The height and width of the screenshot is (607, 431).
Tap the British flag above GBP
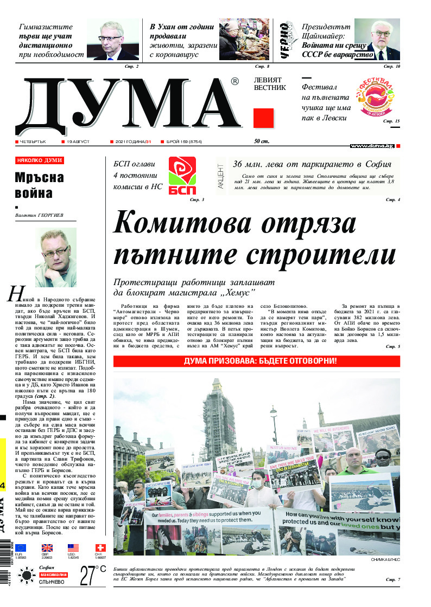47,548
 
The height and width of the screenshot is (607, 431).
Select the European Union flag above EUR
21,548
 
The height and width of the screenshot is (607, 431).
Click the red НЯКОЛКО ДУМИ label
40,160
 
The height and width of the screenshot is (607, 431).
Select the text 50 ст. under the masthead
262,141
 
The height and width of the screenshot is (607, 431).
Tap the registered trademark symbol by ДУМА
234,81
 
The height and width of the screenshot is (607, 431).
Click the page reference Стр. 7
392,579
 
